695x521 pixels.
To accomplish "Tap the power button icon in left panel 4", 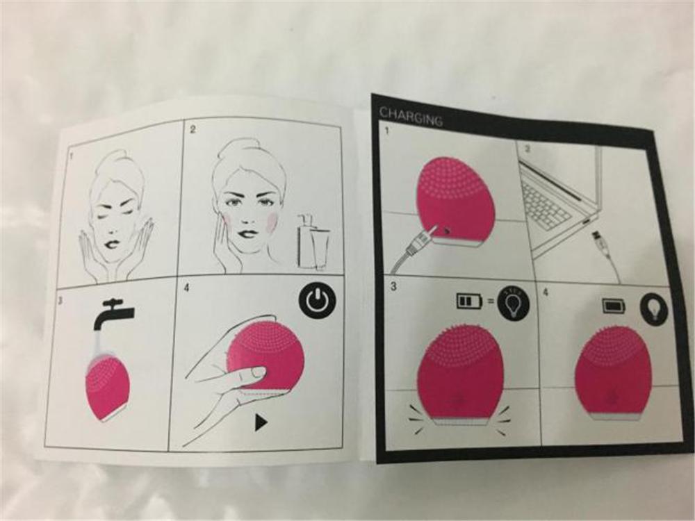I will [x=316, y=301].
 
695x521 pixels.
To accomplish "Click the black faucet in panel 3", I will [x=113, y=312].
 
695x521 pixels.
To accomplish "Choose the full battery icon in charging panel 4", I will [x=614, y=305].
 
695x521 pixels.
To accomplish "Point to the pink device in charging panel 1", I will [x=452, y=198].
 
